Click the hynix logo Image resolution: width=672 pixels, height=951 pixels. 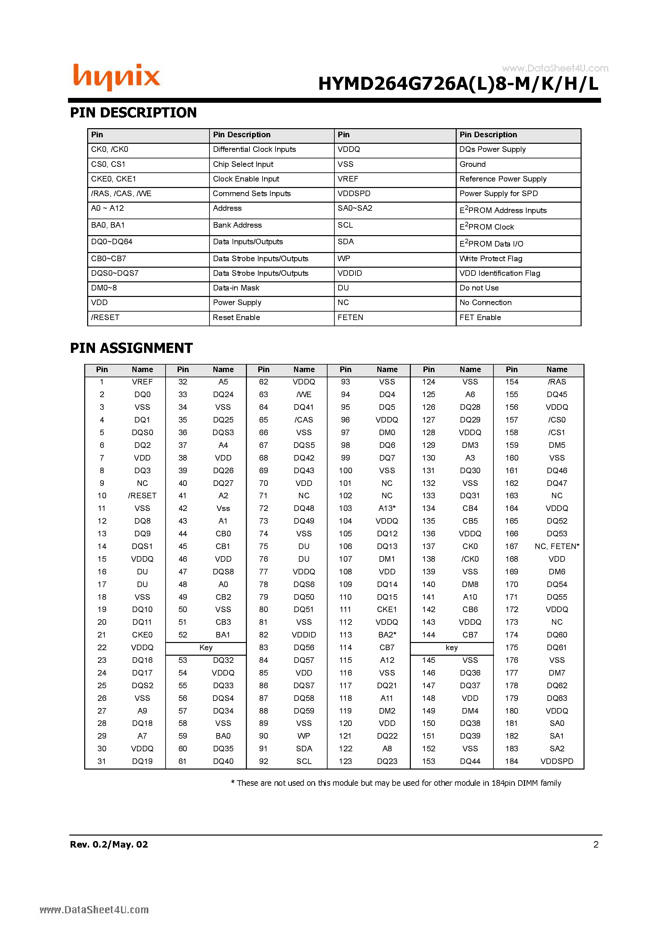tap(116, 77)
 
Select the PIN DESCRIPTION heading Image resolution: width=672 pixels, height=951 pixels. tap(133, 113)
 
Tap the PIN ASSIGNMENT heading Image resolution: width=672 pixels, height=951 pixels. tap(131, 348)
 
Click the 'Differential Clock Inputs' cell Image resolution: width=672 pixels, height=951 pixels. tap(254, 150)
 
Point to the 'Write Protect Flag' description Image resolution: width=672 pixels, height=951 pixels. tap(491, 259)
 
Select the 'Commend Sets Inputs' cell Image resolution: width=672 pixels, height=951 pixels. tap(251, 194)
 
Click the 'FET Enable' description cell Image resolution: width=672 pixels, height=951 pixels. tap(480, 318)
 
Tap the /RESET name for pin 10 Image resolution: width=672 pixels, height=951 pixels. tap(142, 496)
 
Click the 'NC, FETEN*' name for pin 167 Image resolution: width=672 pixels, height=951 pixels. tap(557, 546)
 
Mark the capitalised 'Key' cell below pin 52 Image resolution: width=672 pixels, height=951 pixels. tap(206, 648)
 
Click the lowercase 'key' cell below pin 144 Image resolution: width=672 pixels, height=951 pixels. tap(451, 648)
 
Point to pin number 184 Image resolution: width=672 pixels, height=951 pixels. tap(511, 761)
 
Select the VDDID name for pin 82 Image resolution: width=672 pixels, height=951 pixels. tap(304, 635)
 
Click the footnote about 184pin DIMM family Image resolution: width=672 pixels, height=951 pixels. tap(396, 783)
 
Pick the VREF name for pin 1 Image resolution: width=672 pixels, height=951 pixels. tap(142, 382)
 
